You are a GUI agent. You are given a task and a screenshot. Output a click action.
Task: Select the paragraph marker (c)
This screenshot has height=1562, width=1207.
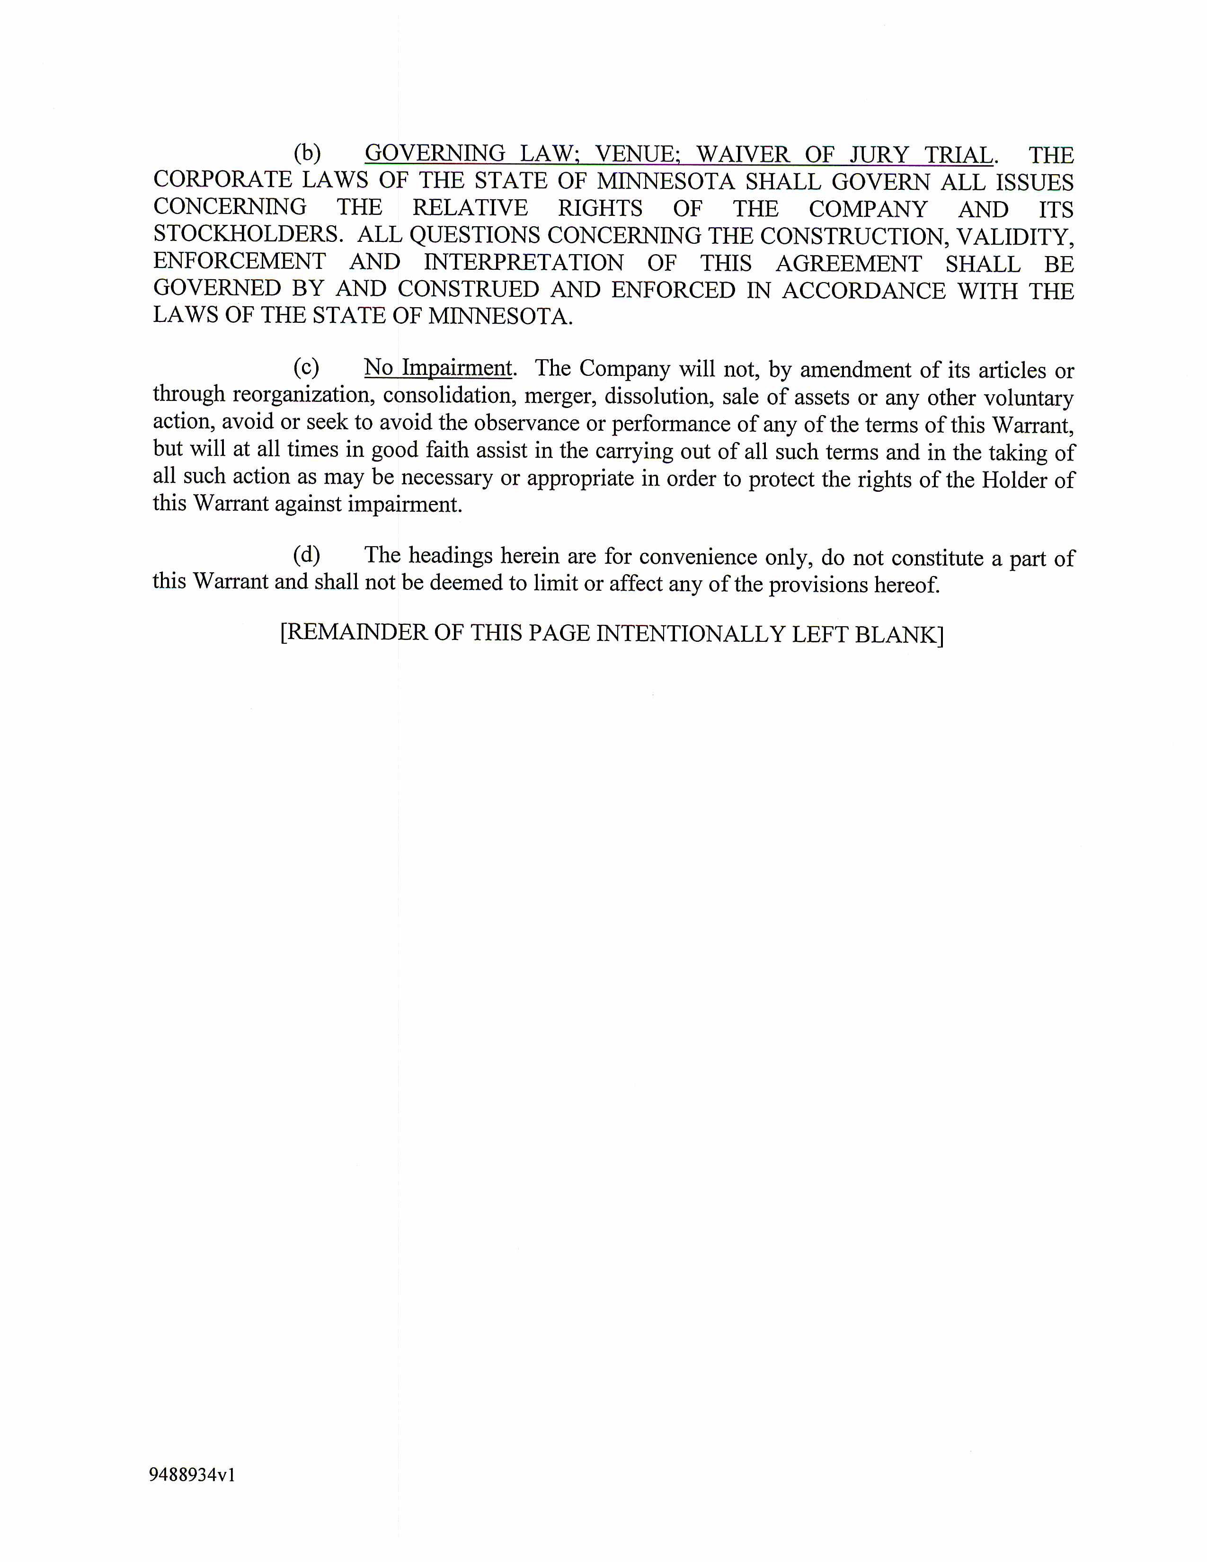pos(306,367)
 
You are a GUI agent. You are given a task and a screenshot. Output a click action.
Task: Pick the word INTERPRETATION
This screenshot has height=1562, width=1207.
pos(524,263)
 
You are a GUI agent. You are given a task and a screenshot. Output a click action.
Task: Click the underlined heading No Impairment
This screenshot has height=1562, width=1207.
pos(438,368)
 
